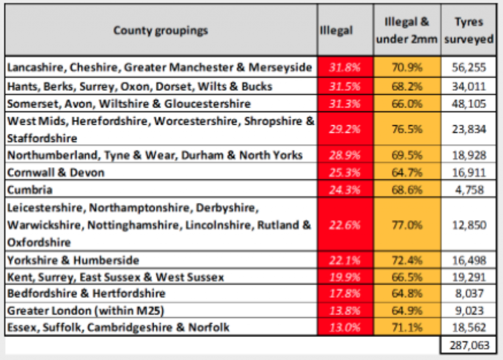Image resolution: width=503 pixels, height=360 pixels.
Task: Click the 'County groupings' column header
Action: click(x=161, y=30)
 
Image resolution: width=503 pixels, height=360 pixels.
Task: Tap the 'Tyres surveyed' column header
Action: click(x=468, y=30)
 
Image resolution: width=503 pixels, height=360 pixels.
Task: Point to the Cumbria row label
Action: click(x=30, y=190)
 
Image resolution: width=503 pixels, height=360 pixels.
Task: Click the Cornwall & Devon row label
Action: click(x=56, y=172)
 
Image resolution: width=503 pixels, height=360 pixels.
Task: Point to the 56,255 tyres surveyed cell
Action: click(x=468, y=67)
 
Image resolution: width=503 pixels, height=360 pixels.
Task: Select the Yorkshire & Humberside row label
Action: click(x=73, y=260)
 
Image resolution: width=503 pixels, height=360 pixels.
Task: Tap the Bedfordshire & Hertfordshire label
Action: click(x=86, y=294)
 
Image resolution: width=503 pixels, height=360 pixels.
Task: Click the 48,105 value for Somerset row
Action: click(x=468, y=104)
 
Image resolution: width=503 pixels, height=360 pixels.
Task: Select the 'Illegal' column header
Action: click(x=336, y=30)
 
